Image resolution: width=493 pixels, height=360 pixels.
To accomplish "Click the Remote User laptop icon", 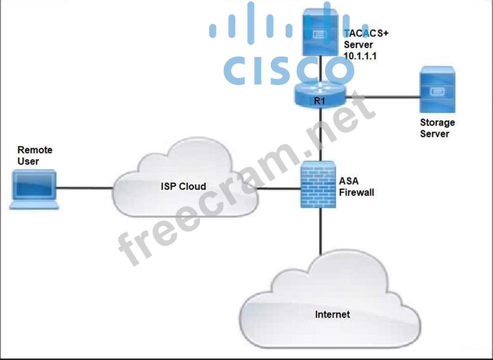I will click(34, 190).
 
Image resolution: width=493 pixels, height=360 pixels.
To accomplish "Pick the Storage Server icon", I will click(437, 90).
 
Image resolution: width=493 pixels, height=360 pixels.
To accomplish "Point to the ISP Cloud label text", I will click(183, 186).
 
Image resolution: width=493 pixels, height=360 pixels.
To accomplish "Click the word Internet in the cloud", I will click(332, 314).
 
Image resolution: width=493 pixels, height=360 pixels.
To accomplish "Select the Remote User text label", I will click(35, 156).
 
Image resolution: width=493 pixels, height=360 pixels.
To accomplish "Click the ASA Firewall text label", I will click(356, 187).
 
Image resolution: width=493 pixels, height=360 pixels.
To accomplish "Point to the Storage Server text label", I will click(437, 128).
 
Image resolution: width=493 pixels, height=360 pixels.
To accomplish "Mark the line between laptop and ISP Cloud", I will click(85, 188).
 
